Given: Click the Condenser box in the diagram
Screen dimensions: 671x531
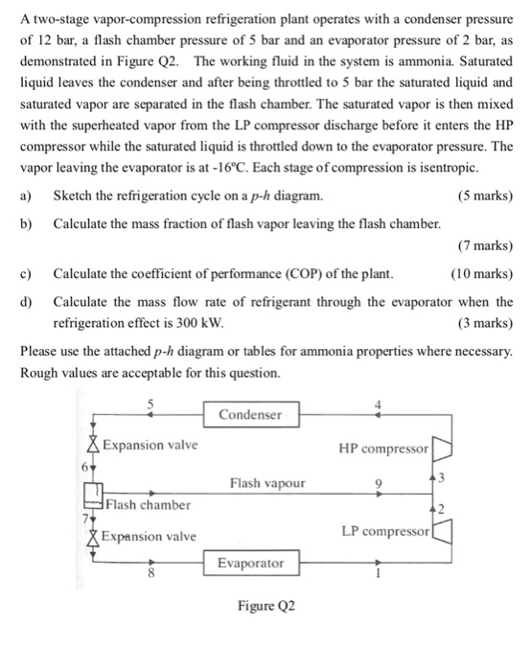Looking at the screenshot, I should click(x=251, y=414).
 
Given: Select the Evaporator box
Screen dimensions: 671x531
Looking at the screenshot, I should click(x=251, y=563).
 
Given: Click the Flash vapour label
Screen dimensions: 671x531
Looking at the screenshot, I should click(x=267, y=483).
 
